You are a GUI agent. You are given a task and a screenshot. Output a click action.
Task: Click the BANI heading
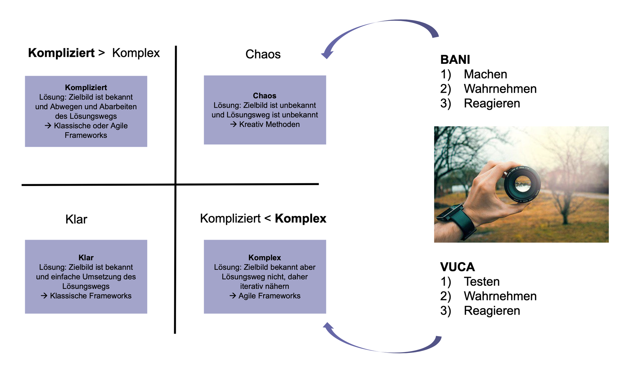pyautogui.click(x=455, y=60)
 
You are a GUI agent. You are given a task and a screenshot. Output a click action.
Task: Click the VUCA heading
pyautogui.click(x=457, y=267)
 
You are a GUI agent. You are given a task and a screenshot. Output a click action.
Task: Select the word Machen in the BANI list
pyautogui.click(x=485, y=74)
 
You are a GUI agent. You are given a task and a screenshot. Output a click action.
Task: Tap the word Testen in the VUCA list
pyautogui.click(x=482, y=281)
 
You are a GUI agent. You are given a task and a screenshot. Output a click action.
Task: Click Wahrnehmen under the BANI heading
pyautogui.click(x=500, y=89)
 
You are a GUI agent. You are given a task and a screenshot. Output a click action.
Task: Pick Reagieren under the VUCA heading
pyautogui.click(x=492, y=311)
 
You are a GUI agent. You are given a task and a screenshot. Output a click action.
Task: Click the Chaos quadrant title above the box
pyautogui.click(x=263, y=54)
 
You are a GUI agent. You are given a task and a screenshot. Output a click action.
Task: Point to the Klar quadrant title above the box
pyautogui.click(x=76, y=219)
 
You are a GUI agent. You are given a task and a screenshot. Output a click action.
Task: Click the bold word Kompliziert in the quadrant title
pyautogui.click(x=61, y=53)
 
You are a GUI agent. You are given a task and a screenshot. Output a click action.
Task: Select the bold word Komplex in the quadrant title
pyautogui.click(x=300, y=219)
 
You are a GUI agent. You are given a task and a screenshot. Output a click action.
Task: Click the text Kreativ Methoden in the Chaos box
pyautogui.click(x=269, y=124)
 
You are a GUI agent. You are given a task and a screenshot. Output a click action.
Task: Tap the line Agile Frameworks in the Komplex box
pyautogui.click(x=269, y=296)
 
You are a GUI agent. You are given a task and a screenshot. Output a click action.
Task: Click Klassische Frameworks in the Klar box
pyautogui.click(x=90, y=296)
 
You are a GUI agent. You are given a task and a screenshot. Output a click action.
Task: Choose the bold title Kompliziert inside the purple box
pyautogui.click(x=86, y=87)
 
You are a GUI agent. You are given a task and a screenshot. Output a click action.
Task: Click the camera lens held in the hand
pyautogui.click(x=522, y=184)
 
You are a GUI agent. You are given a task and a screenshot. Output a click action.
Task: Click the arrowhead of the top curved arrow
pyautogui.click(x=327, y=54)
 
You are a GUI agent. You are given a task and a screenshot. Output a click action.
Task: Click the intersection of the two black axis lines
pyautogui.click(x=175, y=184)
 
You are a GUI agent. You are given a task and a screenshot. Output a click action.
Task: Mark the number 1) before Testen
pyautogui.click(x=445, y=282)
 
